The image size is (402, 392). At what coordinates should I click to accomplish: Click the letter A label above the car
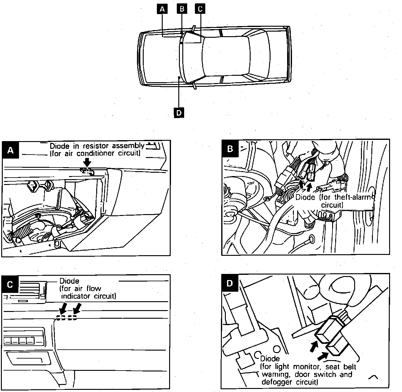(162, 9)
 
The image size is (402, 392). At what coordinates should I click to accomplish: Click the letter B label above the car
(182, 9)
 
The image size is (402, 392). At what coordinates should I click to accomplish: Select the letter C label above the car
(200, 9)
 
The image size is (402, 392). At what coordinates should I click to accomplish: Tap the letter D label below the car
(179, 113)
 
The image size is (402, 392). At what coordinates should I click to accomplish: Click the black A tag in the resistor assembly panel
(10, 150)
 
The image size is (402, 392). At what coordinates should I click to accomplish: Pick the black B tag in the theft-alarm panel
(230, 149)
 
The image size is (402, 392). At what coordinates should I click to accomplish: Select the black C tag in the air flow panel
(10, 284)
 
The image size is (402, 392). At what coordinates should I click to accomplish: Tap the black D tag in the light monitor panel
(230, 283)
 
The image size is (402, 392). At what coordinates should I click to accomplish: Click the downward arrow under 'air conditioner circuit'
(87, 162)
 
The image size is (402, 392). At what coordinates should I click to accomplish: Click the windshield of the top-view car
(191, 57)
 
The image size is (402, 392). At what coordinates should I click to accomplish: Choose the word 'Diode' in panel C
(69, 281)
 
